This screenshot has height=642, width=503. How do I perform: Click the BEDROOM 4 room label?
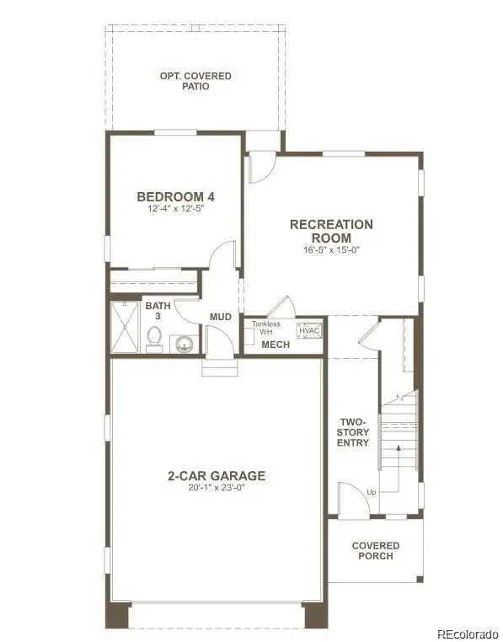tap(175, 196)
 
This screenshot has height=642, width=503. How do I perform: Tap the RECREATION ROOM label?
tap(331, 231)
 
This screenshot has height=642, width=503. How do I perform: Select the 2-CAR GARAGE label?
tap(216, 475)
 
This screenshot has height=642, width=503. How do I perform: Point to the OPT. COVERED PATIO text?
tap(195, 82)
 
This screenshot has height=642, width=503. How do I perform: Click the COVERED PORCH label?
tap(376, 551)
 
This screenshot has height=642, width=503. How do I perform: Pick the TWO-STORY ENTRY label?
tap(354, 431)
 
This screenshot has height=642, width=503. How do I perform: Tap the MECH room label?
tap(275, 345)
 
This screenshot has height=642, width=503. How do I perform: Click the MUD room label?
tap(221, 317)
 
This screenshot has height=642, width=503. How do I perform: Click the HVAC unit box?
tap(309, 330)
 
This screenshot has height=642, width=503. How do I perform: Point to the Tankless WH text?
tap(266, 329)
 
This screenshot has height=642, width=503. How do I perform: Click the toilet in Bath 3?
tap(153, 338)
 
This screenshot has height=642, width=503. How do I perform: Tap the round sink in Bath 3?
tap(185, 343)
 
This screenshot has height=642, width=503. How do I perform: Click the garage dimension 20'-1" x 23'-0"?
tap(216, 487)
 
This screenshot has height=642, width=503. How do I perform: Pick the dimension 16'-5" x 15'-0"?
tap(331, 249)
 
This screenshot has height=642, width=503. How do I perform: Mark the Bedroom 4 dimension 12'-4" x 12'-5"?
tap(175, 208)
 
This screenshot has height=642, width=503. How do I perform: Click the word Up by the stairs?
tap(371, 492)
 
